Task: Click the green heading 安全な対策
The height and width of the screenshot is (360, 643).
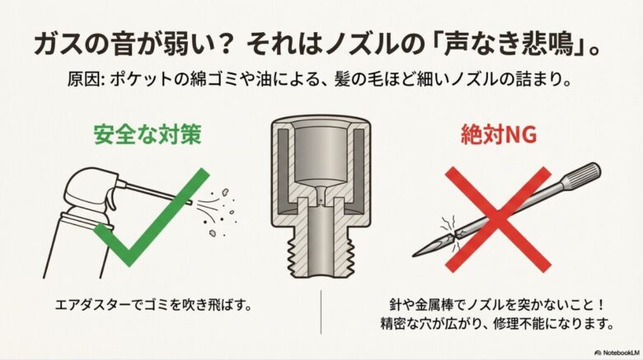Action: click(x=147, y=136)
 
